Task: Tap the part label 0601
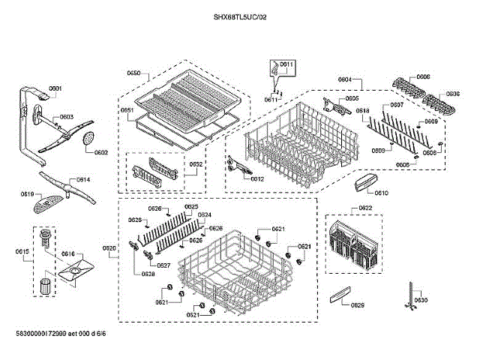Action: coord(55,89)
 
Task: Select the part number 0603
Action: coord(66,117)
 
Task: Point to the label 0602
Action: coord(101,153)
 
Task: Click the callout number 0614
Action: coord(83,180)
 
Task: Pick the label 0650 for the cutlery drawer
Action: coord(134,73)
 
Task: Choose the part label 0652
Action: coord(195,164)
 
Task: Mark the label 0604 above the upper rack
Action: coord(345,79)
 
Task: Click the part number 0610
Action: coord(381,193)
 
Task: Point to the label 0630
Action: coord(421,300)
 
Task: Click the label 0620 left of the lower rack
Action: coord(109,247)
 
